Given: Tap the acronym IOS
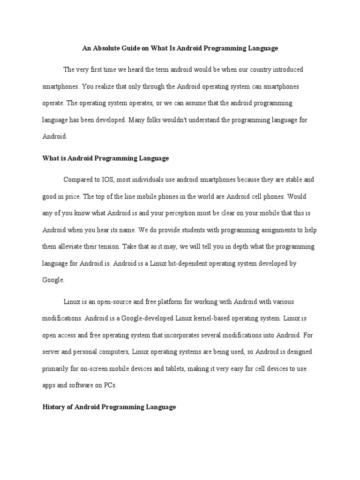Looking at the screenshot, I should coord(105,179).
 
